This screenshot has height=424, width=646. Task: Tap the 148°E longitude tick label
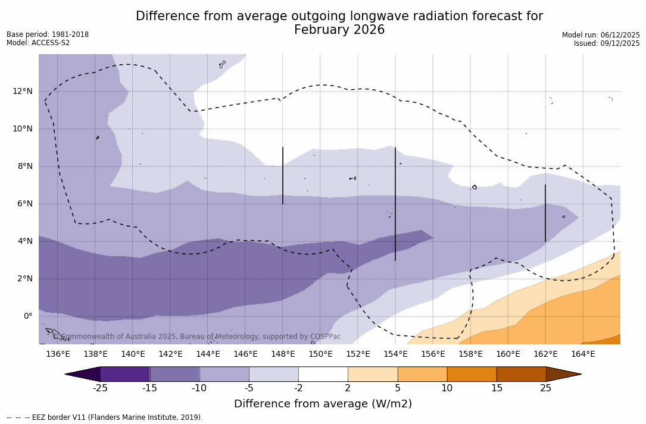point(283,354)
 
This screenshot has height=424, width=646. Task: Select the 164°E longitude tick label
point(583,354)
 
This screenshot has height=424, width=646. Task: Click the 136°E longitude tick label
point(58,354)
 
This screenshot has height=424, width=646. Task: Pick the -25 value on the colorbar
point(100,388)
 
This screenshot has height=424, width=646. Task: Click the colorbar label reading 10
point(447,388)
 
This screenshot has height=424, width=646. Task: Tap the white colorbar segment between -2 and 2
point(323,374)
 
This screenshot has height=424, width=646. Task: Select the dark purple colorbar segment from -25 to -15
point(125,374)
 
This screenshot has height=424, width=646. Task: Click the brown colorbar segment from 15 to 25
point(521,374)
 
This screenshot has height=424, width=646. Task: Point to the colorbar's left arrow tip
point(66,374)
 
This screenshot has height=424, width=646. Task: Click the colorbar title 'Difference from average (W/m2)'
point(323,404)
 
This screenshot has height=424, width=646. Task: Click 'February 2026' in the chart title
point(339,30)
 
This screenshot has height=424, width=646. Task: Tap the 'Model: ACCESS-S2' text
point(38,43)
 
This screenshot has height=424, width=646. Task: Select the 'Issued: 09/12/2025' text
point(607,43)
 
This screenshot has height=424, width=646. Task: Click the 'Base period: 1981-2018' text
point(48,34)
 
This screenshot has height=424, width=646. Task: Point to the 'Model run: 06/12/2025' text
point(601,35)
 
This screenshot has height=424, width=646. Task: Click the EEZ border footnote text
point(105,417)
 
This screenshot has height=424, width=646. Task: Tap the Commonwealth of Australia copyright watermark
point(196,337)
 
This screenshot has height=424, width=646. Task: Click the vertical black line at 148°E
point(283,175)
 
